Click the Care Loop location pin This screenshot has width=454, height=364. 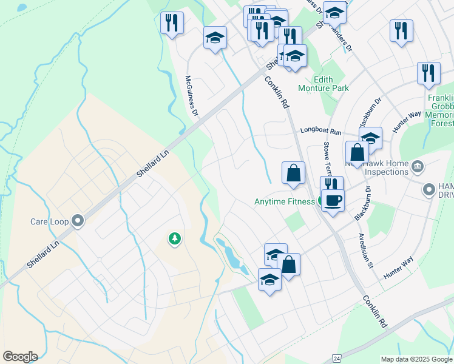pos(78,221)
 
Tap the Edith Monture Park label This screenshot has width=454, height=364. pos(331,84)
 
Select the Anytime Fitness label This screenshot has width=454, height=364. pos(283,201)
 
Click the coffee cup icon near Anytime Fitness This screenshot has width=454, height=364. pos(333,200)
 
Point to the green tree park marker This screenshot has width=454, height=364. pos(175,238)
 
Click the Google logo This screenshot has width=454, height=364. pos(20,357)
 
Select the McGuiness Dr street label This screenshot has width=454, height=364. pos(192,96)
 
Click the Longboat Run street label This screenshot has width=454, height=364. pos(321,131)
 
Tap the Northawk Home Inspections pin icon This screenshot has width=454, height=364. pos(417,166)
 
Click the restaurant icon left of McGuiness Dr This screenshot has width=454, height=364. pos(172,23)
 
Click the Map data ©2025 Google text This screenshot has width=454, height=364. pos(416,359)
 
